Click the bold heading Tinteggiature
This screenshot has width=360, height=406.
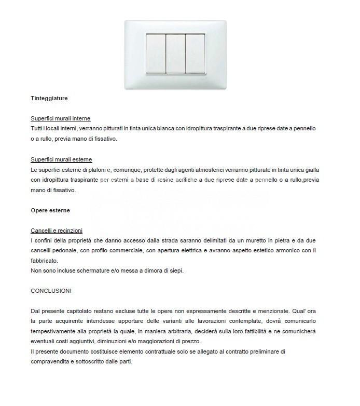coord(49,98)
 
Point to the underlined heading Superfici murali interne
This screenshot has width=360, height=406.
coord(60,118)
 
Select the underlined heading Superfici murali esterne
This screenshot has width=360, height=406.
coord(61,159)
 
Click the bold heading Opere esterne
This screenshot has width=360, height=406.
coord(50,210)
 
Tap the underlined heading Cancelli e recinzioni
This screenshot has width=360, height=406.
coord(57,231)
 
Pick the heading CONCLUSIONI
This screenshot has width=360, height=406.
coord(51,291)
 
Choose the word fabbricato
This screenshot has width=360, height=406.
coord(44,261)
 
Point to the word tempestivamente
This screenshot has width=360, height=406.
coord(55,331)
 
